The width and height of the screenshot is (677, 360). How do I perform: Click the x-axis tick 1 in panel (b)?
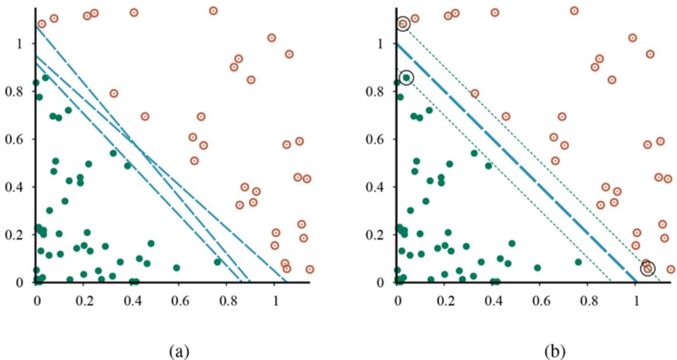[636, 295]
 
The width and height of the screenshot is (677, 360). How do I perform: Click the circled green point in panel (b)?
[407, 77]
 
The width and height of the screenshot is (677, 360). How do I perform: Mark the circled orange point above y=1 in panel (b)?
[403, 24]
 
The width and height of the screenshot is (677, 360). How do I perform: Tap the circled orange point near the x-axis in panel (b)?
[647, 268]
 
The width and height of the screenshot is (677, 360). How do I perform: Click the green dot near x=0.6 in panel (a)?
[176, 268]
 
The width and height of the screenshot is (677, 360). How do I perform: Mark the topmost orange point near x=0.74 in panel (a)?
[213, 10]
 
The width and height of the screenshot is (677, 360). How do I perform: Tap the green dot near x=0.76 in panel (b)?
[578, 262]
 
